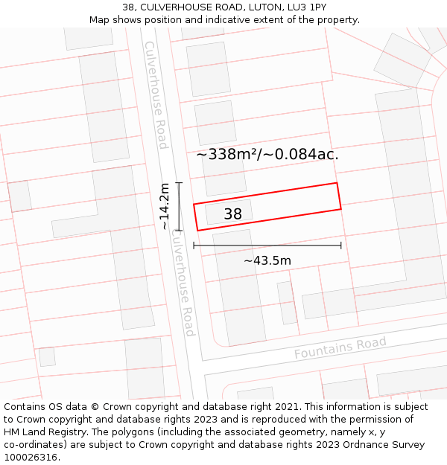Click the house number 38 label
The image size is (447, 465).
pyautogui.click(x=233, y=214)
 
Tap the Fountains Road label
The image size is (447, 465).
pyautogui.click(x=340, y=347)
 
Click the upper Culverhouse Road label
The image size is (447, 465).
pyautogui.click(x=156, y=94)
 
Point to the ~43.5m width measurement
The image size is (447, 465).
pyautogui.click(x=267, y=260)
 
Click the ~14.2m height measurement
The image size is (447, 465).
pyautogui.click(x=165, y=206)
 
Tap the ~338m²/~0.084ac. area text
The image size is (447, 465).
pyautogui.click(x=267, y=155)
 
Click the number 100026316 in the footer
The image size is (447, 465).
pyautogui.click(x=31, y=458)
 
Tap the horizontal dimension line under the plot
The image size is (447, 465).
pyautogui.click(x=267, y=245)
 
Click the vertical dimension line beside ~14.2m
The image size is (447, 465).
pyautogui.click(x=179, y=206)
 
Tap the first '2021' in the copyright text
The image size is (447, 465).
pyautogui.click(x=288, y=407)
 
